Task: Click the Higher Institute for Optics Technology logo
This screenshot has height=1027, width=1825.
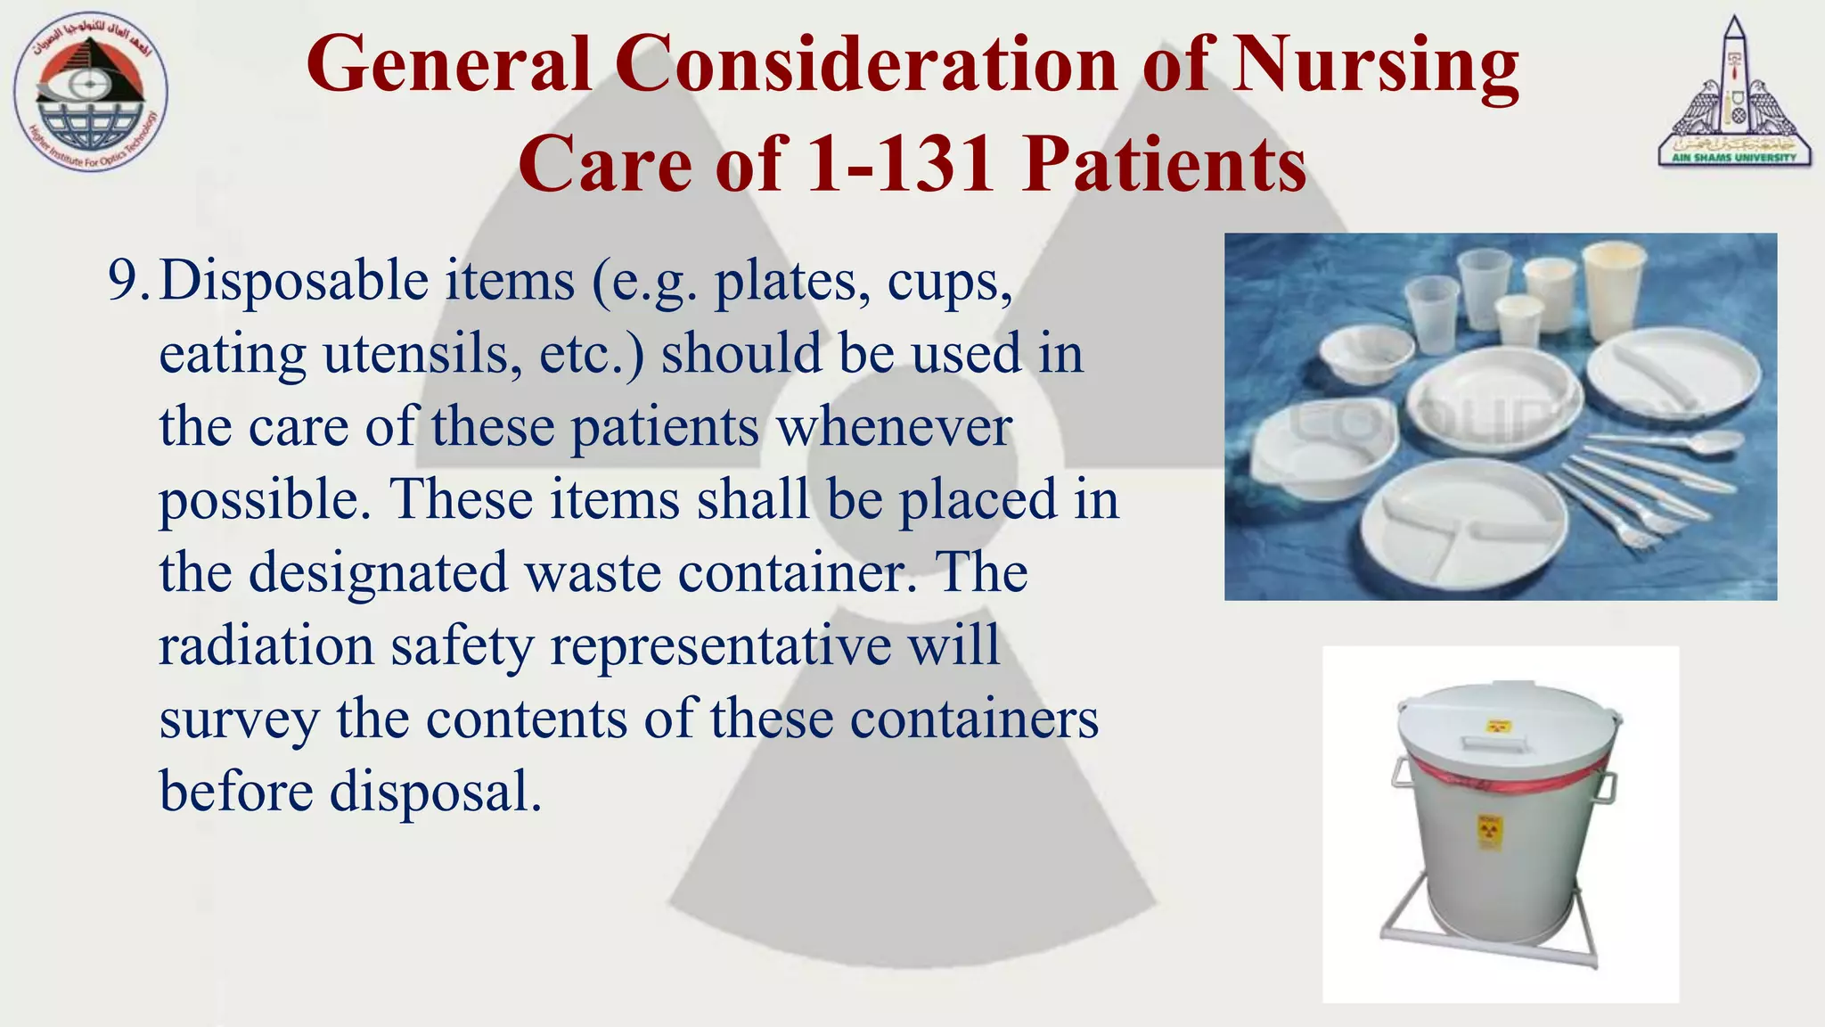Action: pos(91,93)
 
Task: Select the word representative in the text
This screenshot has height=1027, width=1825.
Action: pos(720,645)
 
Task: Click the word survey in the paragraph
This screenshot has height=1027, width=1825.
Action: pos(239,719)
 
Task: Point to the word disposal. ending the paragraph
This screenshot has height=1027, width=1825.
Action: pos(436,793)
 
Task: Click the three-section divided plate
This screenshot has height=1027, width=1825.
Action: pos(1475,526)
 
